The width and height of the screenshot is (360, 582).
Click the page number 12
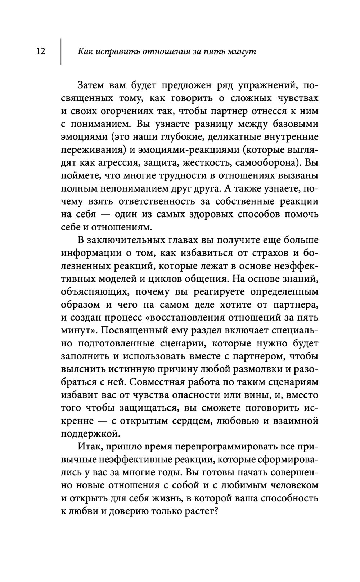(40, 52)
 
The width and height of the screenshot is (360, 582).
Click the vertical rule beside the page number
(60, 52)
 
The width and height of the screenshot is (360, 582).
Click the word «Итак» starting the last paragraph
(87, 447)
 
